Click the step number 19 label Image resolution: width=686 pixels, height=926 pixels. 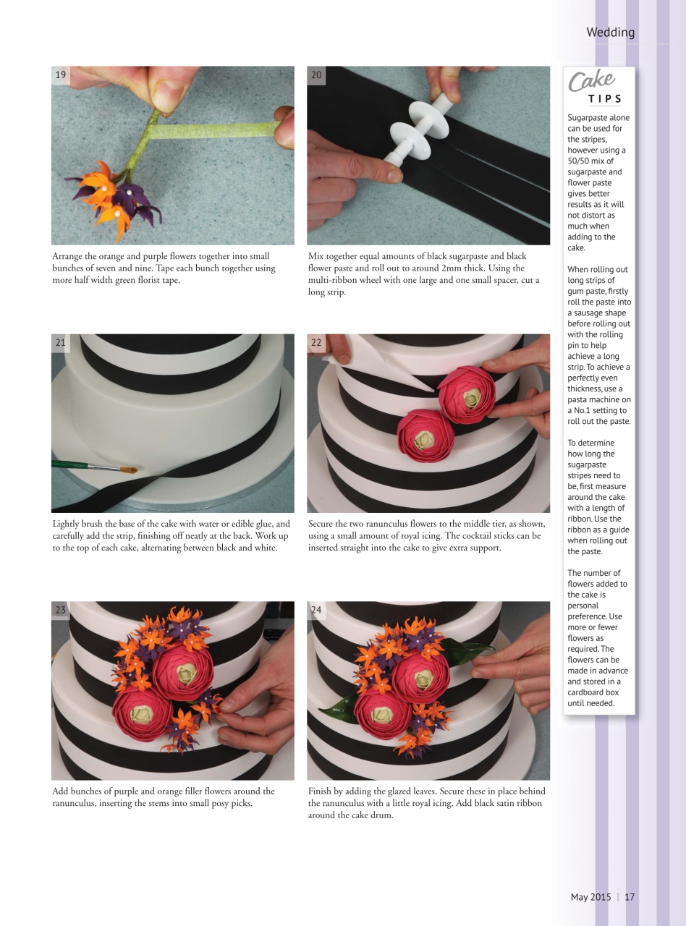click(61, 75)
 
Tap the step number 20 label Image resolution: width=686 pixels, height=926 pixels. click(316, 75)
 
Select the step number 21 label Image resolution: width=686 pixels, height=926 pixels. click(61, 343)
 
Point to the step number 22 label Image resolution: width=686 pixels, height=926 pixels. click(316, 343)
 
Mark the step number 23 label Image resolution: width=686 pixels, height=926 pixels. click(61, 610)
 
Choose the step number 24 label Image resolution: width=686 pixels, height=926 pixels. click(316, 610)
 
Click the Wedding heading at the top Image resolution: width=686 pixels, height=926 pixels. click(610, 33)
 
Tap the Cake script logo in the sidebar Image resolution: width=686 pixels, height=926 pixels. click(591, 81)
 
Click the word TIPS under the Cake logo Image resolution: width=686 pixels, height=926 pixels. click(604, 99)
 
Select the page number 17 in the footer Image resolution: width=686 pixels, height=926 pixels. click(630, 897)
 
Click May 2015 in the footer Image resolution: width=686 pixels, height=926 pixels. click(590, 897)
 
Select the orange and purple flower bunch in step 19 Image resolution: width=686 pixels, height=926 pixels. click(116, 195)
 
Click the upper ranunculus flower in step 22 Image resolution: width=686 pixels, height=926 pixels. click(467, 394)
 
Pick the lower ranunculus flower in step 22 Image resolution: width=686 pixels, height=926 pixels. click(425, 435)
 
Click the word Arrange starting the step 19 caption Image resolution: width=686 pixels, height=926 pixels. click(69, 256)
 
